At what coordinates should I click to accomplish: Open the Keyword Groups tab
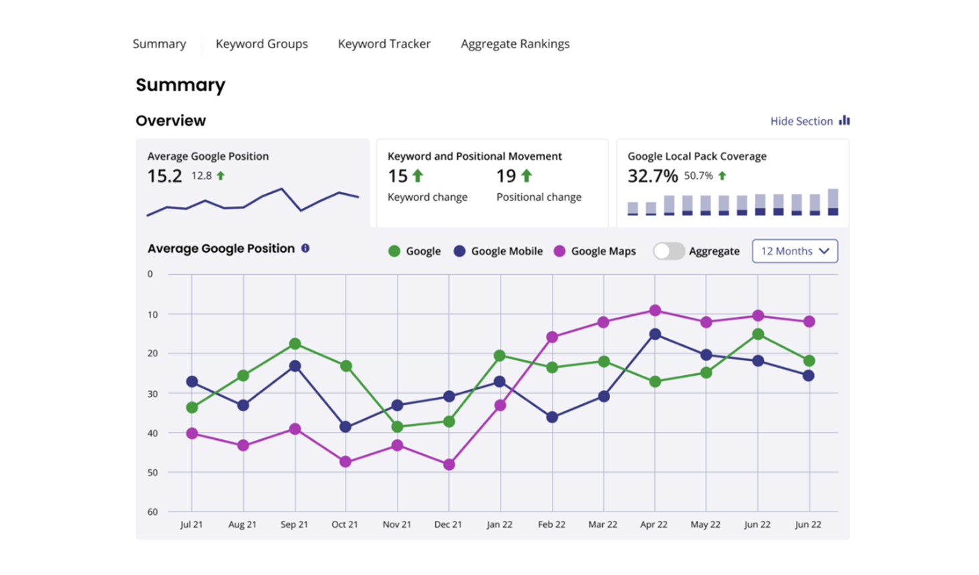point(261,44)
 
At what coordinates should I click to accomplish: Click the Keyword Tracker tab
point(384,44)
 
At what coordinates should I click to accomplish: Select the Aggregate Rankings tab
point(515,44)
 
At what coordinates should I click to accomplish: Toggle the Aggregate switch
point(668,251)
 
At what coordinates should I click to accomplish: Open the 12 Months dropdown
point(795,251)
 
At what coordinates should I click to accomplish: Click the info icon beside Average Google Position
point(305,248)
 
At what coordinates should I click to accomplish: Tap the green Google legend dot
point(394,251)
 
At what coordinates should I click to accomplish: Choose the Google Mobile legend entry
point(498,251)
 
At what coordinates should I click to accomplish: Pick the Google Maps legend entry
point(595,251)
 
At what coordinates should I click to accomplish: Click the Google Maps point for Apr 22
point(655,310)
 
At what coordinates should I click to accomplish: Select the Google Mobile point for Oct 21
point(345,427)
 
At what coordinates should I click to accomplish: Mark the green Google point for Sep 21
point(295,344)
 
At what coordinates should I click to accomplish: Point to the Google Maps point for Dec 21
point(449,464)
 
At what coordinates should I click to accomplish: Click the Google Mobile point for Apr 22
point(655,334)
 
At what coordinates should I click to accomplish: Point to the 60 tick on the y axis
point(152,512)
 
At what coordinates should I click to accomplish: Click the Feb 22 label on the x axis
point(551,525)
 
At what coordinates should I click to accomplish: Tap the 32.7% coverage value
point(652,177)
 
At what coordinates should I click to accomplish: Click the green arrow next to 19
point(527,176)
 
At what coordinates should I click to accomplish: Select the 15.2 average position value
point(164,177)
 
